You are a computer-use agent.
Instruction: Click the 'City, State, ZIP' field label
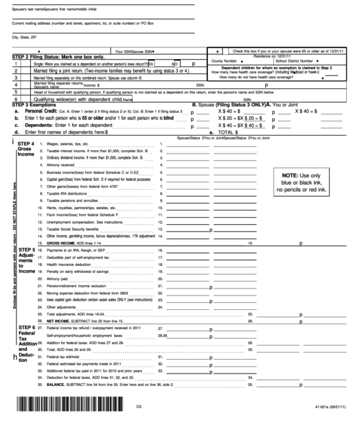pos(25,38)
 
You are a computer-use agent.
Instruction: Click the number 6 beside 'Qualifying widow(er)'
pos(14,99)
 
